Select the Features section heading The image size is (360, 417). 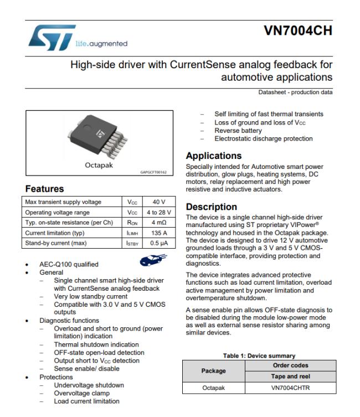[44, 189]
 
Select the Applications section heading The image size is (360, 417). [214, 156]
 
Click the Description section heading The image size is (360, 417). [212, 207]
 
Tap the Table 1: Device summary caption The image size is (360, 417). [259, 356]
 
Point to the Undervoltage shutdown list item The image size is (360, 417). [89, 385]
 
